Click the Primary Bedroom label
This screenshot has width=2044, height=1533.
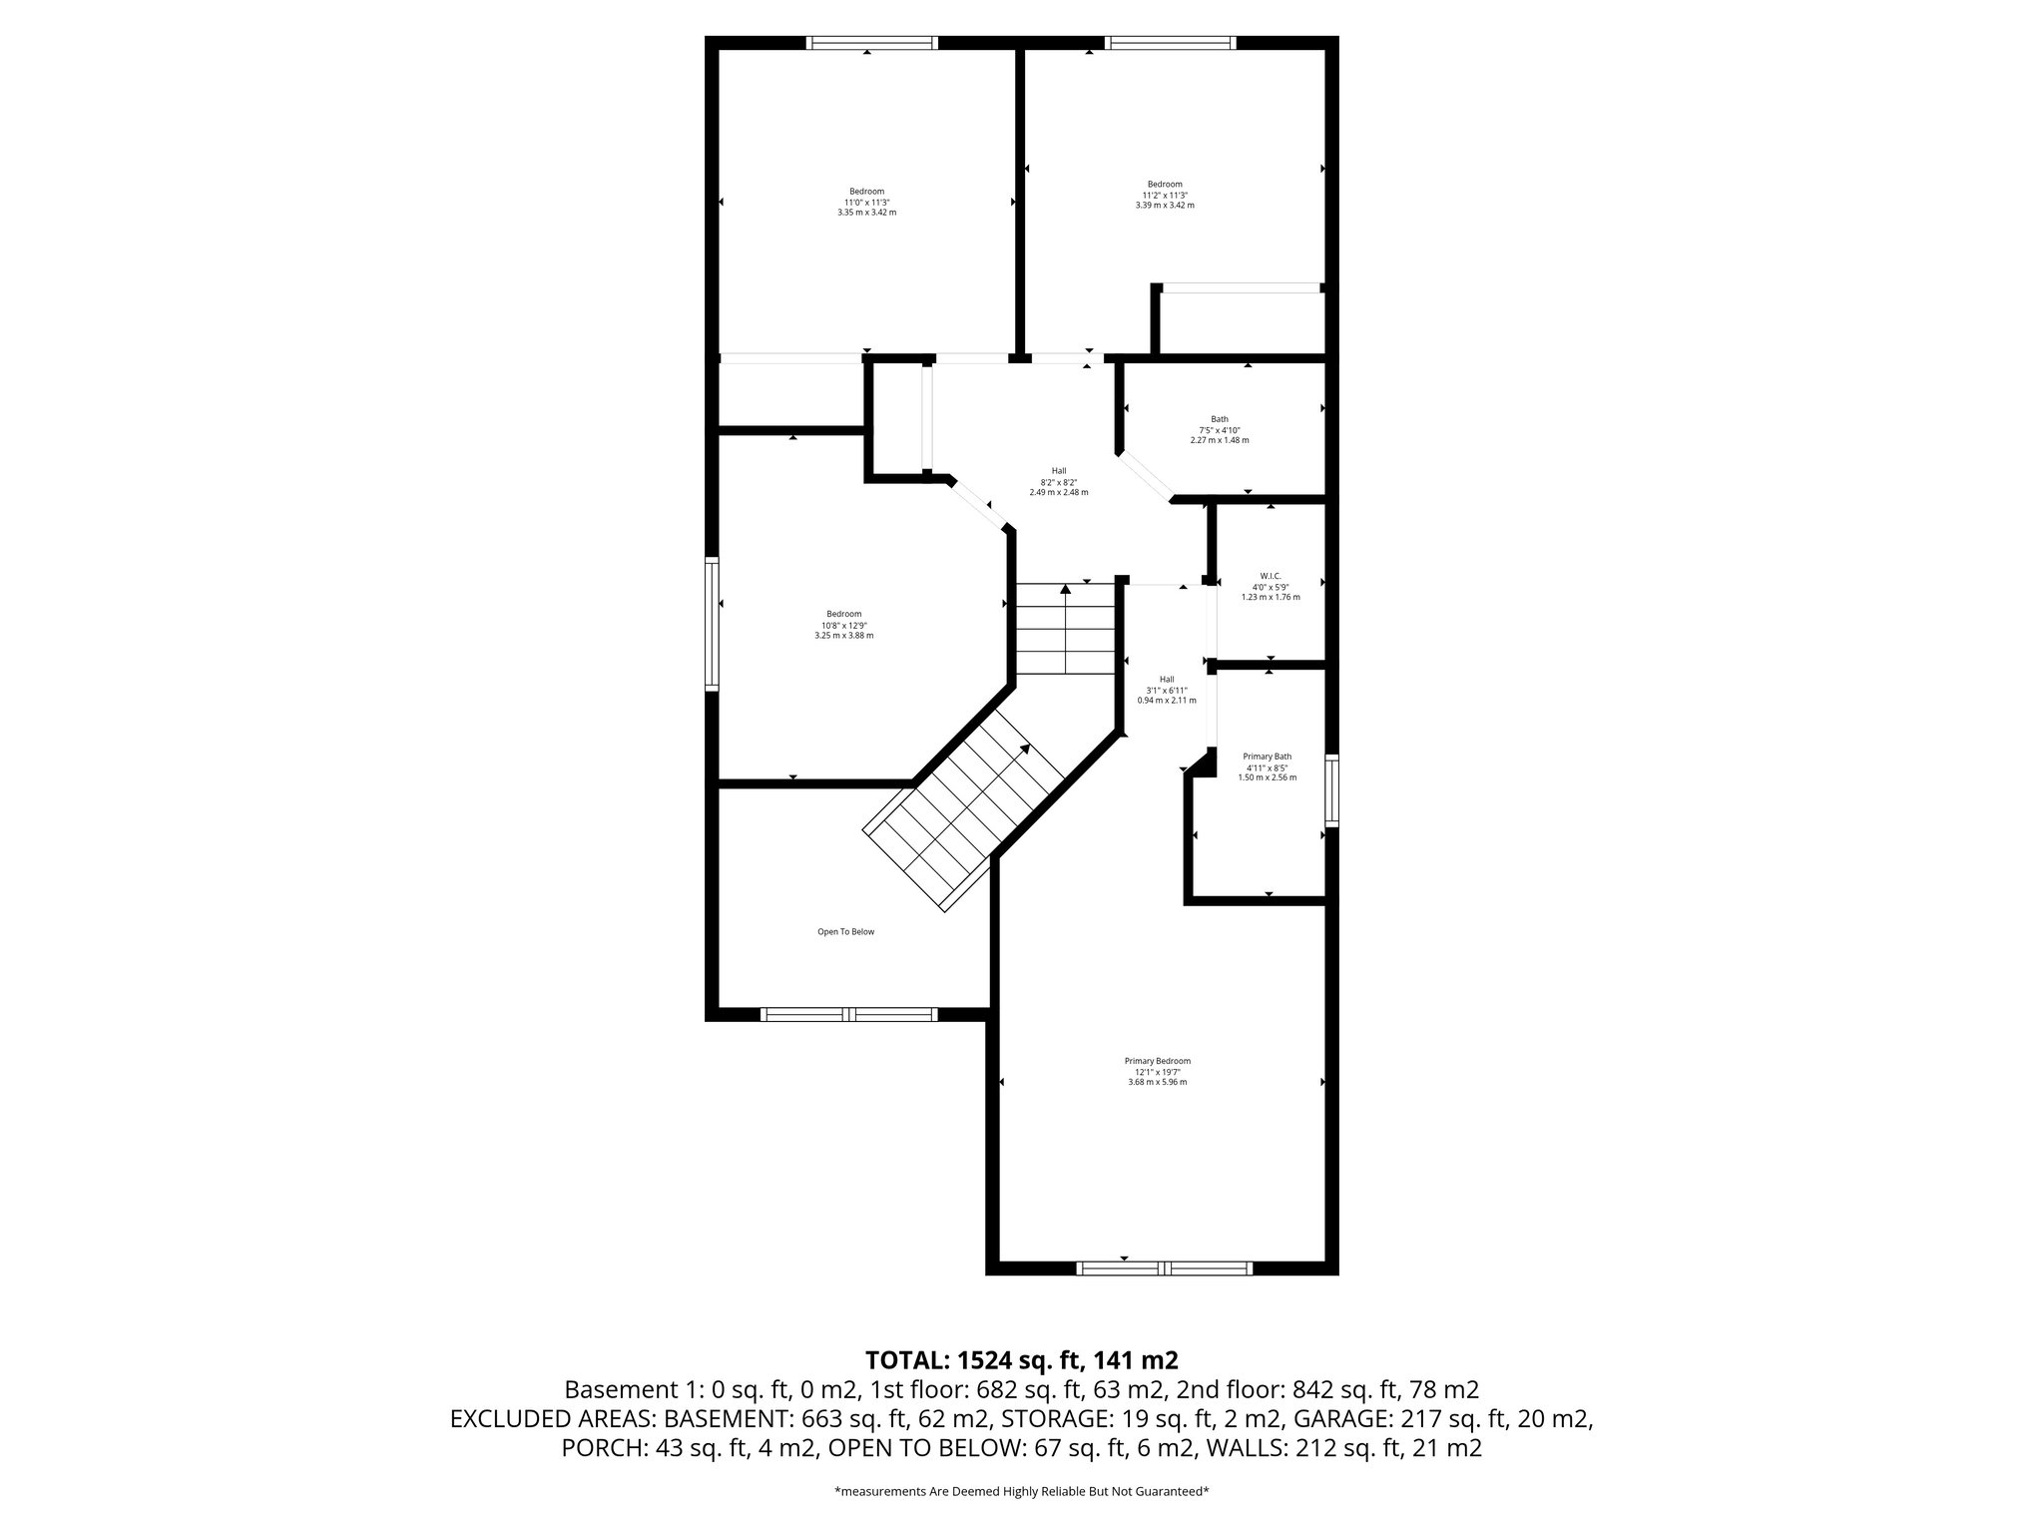tap(1157, 1071)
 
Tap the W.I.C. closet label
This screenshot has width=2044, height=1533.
tap(1270, 586)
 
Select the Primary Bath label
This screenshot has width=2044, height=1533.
tap(1267, 766)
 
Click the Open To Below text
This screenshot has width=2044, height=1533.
tap(845, 931)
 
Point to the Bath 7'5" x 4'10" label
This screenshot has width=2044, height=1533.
tap(1220, 429)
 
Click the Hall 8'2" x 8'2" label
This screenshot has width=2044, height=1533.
tap(1058, 481)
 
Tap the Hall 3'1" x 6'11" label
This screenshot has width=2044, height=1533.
tap(1167, 690)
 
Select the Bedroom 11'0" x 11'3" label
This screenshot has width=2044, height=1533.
tap(866, 202)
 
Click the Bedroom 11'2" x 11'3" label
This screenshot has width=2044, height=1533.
tap(1164, 195)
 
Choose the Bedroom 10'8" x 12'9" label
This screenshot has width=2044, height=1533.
tap(843, 624)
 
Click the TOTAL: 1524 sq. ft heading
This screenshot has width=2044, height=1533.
tap(1021, 1359)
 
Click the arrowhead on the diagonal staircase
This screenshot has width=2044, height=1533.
tap(1025, 750)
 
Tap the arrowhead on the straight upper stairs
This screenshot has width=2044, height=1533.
tap(1065, 590)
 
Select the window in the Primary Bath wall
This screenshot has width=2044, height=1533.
tap(1331, 790)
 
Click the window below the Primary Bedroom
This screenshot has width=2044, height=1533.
tap(1164, 1269)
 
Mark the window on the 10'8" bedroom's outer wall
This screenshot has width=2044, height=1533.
tap(712, 624)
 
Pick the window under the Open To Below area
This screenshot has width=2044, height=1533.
tap(848, 1014)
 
